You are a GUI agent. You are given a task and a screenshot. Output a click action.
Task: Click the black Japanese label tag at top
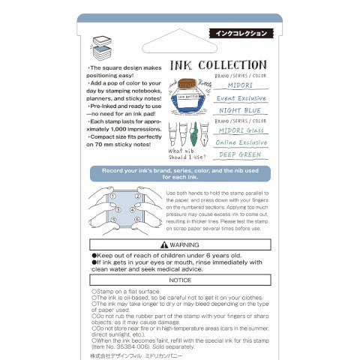241,33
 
